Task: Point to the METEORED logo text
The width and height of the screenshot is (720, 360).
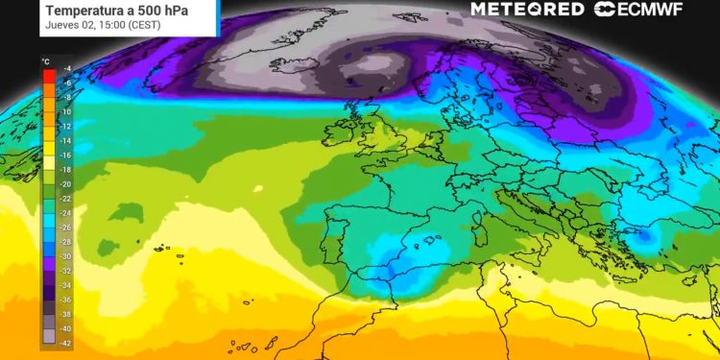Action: click(x=527, y=10)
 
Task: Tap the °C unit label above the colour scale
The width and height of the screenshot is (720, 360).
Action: click(x=45, y=61)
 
